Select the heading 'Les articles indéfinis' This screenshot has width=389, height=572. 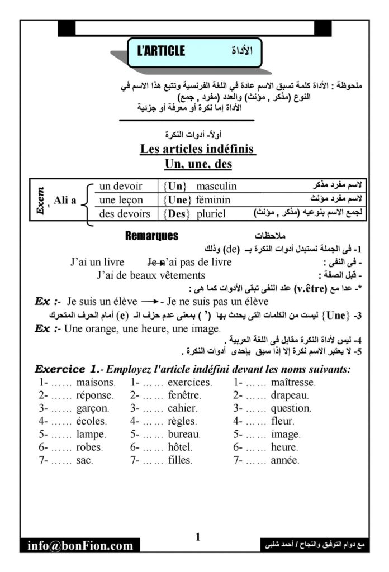pyautogui.click(x=197, y=150)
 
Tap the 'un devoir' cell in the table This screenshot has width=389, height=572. pyautogui.click(x=121, y=186)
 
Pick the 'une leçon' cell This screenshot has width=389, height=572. pyautogui.click(x=121, y=200)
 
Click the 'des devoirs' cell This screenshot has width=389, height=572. pyautogui.click(x=124, y=214)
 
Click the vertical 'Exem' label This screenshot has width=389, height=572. pyautogui.click(x=41, y=200)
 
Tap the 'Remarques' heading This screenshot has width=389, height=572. pyautogui.click(x=152, y=236)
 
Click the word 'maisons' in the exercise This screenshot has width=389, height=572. pyautogui.click(x=96, y=383)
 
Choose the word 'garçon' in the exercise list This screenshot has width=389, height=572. pyautogui.click(x=94, y=408)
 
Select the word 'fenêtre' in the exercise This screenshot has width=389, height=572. pyautogui.click(x=184, y=395)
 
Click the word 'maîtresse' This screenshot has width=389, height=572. pyautogui.click(x=293, y=383)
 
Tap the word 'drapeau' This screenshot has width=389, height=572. pyautogui.click(x=290, y=395)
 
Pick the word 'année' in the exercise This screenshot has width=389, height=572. pyautogui.click(x=284, y=460)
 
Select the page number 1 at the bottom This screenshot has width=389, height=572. pyautogui.click(x=197, y=537)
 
